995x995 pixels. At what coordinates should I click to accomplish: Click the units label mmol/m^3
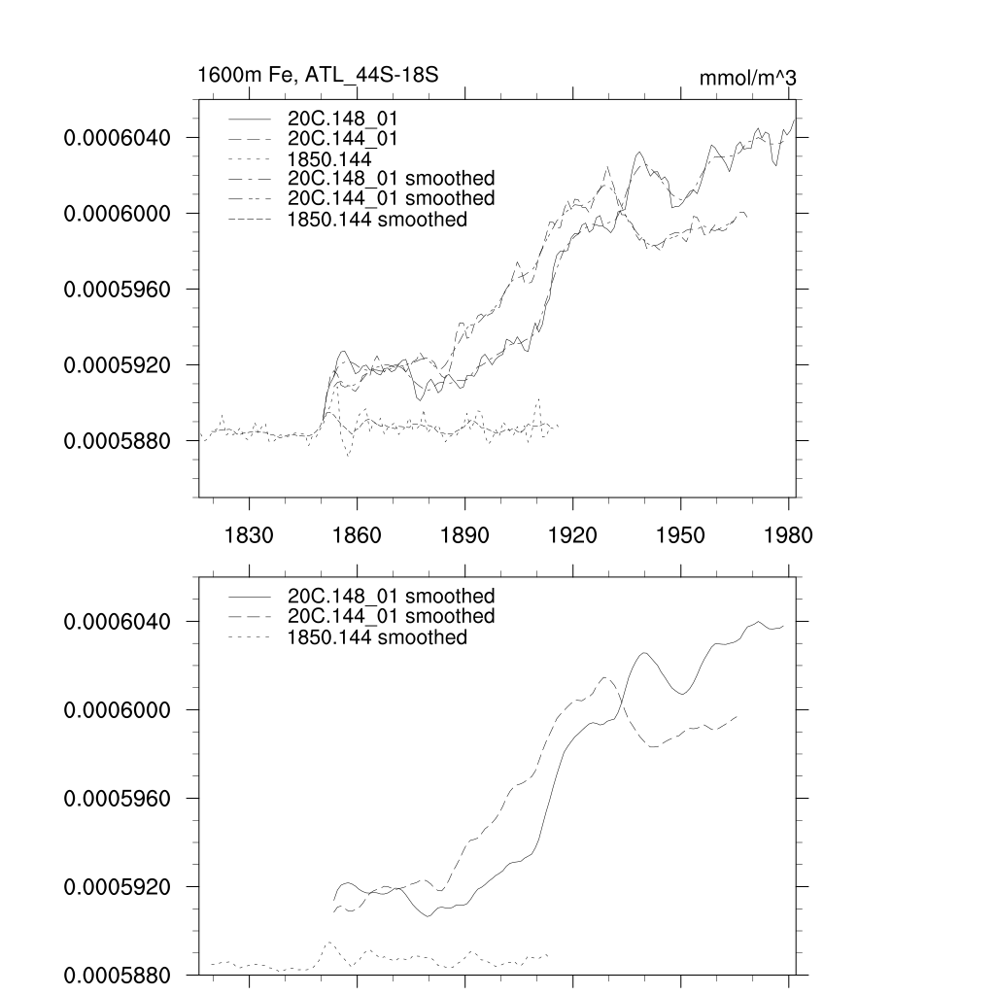747,78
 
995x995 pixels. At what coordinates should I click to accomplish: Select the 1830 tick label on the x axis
250,534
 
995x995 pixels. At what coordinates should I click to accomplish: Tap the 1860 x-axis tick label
358,534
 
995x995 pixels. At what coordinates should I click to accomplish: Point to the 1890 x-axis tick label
465,534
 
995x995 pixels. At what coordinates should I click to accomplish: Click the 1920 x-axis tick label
573,534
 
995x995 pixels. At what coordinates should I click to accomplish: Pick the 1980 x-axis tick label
788,534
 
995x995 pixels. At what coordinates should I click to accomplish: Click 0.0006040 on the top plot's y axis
117,138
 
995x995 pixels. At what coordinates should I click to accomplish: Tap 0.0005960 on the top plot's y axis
117,290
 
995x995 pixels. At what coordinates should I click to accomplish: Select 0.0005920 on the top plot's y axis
117,365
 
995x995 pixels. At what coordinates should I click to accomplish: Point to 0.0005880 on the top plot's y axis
117,441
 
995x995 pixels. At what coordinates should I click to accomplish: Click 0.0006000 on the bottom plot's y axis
117,710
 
